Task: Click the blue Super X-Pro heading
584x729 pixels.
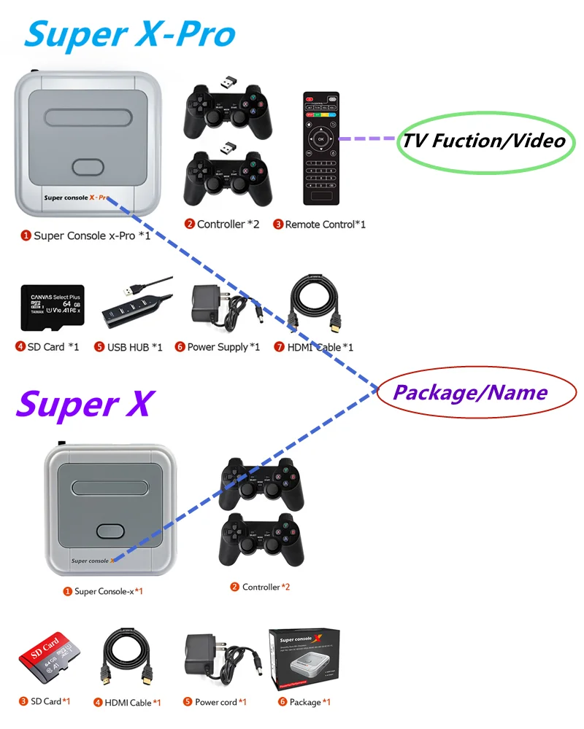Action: pyautogui.click(x=130, y=34)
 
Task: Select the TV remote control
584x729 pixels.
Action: pyautogui.click(x=321, y=149)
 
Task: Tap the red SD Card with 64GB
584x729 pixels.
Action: pyautogui.click(x=47, y=659)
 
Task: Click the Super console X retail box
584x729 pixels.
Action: pyautogui.click(x=304, y=660)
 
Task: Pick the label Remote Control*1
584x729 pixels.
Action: pyautogui.click(x=319, y=225)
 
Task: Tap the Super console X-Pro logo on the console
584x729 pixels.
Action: pyautogui.click(x=76, y=198)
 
